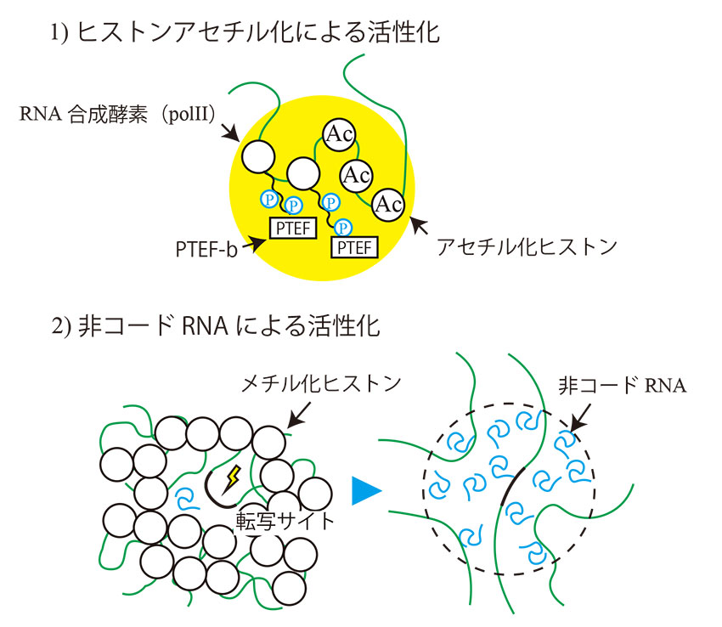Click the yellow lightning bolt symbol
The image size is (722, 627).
point(232,481)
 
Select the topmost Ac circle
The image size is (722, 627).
point(337,133)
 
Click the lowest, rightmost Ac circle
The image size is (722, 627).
point(388,204)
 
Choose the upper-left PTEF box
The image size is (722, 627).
point(292,227)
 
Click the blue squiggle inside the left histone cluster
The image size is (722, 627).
point(183,495)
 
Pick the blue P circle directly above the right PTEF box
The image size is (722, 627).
point(344,227)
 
